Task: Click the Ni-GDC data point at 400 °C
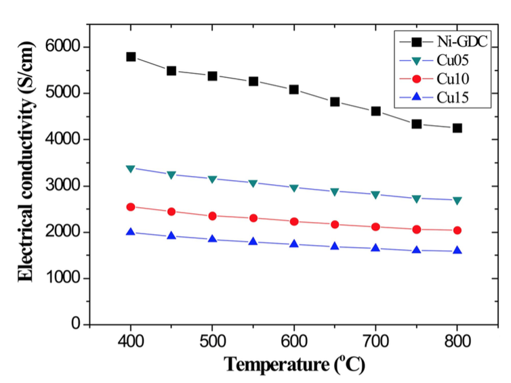tap(131, 57)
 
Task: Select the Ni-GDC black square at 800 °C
tap(457, 128)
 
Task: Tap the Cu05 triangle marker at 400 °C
tap(131, 168)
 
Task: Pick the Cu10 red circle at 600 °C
tap(294, 221)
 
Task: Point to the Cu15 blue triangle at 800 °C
tap(457, 250)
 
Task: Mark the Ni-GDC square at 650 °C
tap(335, 102)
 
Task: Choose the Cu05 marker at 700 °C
tap(375, 195)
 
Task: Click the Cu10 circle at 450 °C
tap(171, 212)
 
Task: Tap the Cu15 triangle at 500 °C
tap(212, 239)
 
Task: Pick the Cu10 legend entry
tap(448, 80)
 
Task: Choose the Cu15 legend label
tap(448, 99)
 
